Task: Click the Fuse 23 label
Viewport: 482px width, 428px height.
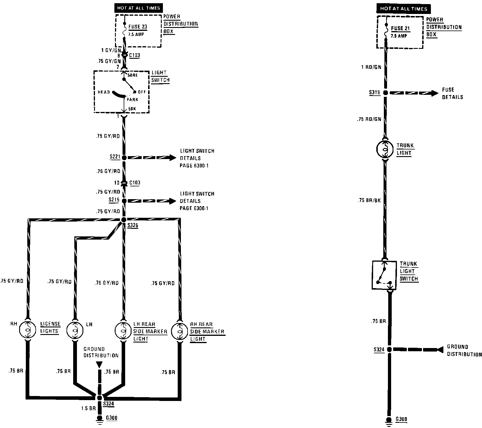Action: [x=138, y=27]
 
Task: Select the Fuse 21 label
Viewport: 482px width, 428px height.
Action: [x=400, y=28]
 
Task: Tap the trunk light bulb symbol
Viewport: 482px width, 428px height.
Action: [x=385, y=150]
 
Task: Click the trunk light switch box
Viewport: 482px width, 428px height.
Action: [x=384, y=275]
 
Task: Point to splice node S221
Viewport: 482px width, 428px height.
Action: [x=124, y=158]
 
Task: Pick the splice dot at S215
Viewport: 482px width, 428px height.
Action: [x=124, y=201]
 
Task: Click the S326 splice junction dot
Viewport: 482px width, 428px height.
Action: [x=124, y=220]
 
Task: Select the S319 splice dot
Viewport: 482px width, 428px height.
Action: [x=386, y=93]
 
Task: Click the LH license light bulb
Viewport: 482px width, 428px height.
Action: [x=75, y=330]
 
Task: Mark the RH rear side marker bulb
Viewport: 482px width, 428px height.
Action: [x=180, y=331]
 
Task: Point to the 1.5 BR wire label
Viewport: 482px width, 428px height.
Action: [x=89, y=409]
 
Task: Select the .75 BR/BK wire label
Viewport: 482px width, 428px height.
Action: [x=369, y=200]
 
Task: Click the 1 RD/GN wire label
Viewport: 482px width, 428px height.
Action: [x=371, y=67]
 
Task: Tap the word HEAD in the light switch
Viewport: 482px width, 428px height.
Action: [x=104, y=92]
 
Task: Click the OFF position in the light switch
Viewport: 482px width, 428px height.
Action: [x=142, y=92]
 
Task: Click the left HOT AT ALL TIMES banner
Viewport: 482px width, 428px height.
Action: [x=139, y=8]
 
